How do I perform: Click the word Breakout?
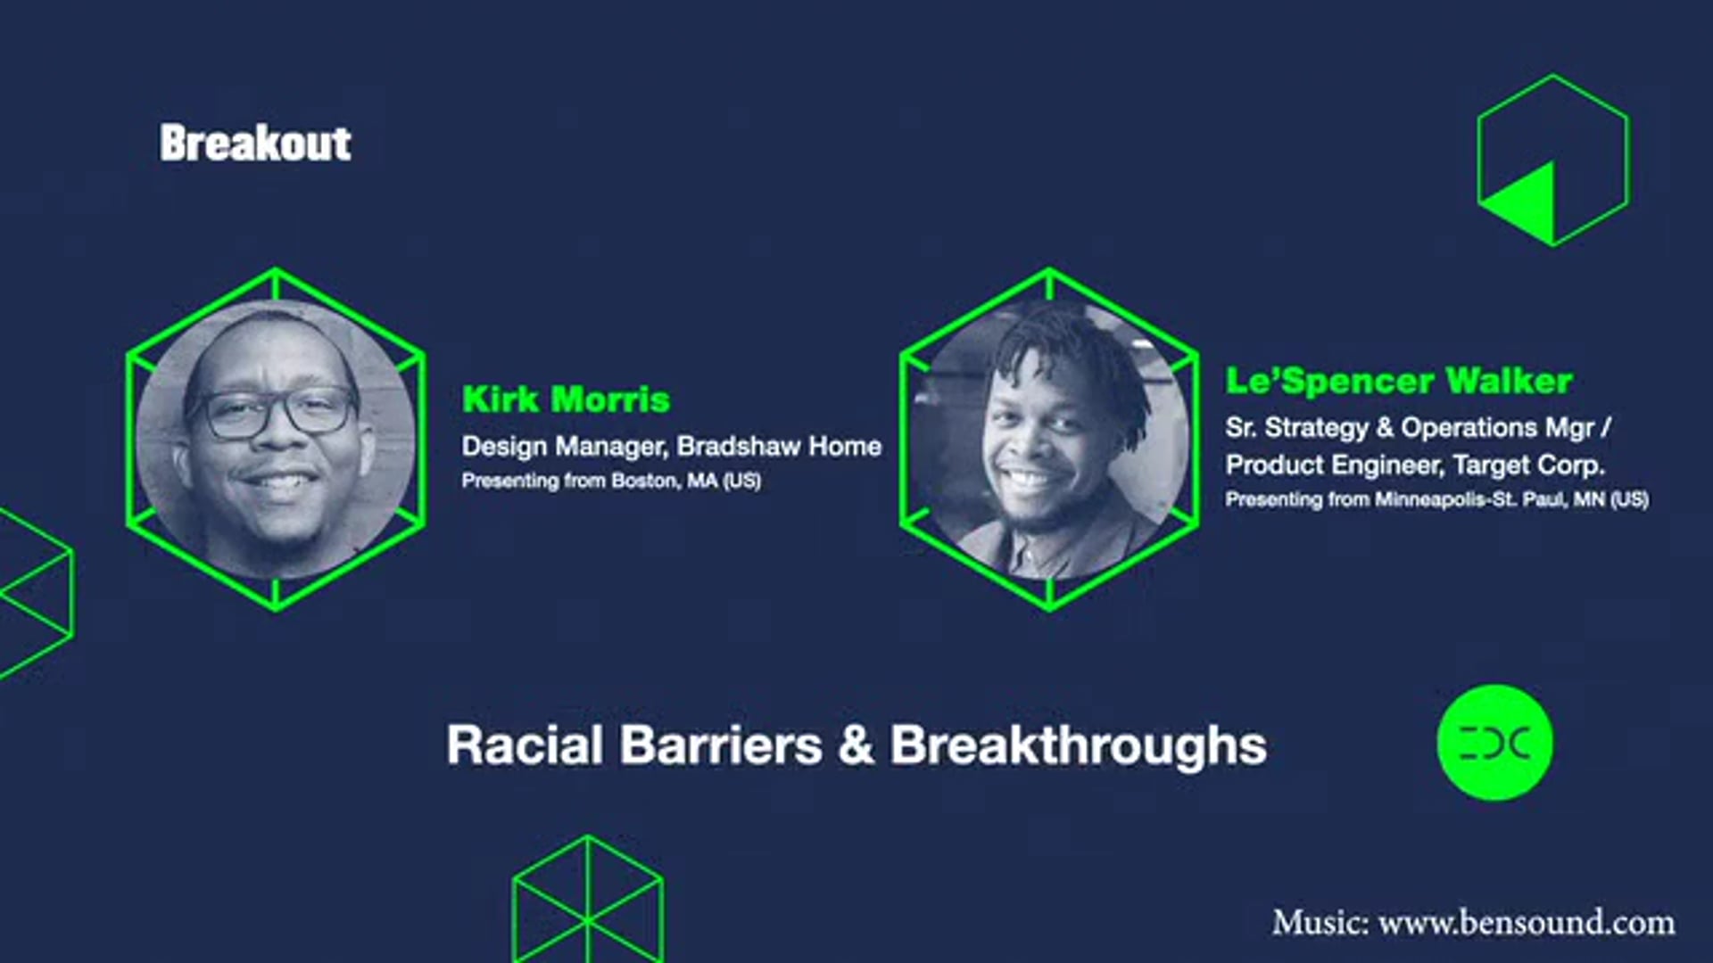[x=255, y=144]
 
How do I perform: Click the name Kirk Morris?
[x=566, y=399]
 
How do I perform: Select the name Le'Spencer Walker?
[x=1398, y=381]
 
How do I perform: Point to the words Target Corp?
[x=1527, y=465]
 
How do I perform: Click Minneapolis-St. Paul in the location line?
[x=1469, y=499]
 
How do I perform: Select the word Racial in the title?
[x=525, y=745]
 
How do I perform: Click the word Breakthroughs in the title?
[x=1078, y=745]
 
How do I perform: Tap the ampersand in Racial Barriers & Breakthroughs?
[x=856, y=745]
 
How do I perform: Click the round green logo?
[x=1494, y=742]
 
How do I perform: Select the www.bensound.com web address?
[x=1527, y=922]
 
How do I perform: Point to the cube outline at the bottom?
[x=587, y=901]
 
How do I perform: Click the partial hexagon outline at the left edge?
[x=36, y=593]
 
